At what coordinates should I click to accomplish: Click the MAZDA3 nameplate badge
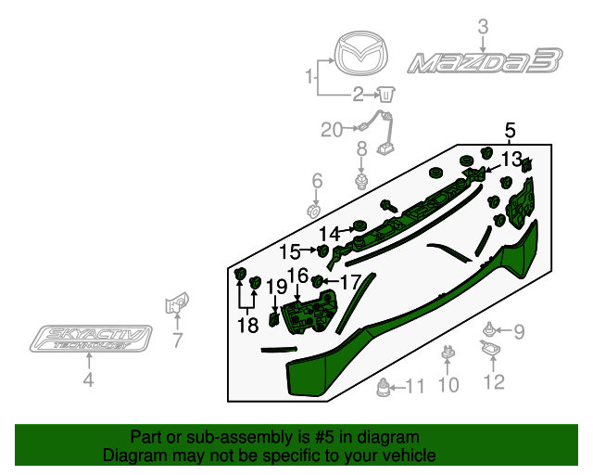(x=485, y=63)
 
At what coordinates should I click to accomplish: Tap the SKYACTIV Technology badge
(x=89, y=340)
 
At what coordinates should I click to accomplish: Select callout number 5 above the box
(x=511, y=130)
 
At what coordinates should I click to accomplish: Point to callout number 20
(x=332, y=130)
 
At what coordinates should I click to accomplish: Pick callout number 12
(x=493, y=380)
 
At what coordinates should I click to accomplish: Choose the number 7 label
(x=177, y=340)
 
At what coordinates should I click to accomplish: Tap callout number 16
(x=297, y=276)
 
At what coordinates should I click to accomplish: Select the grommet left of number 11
(x=383, y=388)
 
